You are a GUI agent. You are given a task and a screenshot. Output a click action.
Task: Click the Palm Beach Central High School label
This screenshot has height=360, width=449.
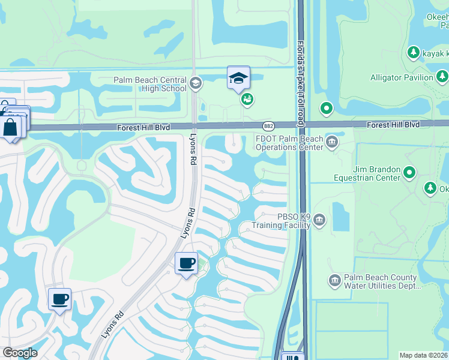[149, 85]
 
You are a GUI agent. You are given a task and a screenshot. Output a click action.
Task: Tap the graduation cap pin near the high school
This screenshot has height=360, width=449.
[238, 78]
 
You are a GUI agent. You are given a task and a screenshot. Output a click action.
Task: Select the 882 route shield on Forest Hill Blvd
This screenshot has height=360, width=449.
[268, 125]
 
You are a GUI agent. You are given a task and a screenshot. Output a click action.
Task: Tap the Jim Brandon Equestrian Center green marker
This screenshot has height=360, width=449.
[410, 173]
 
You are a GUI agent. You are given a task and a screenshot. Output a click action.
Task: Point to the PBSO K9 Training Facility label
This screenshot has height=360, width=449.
[285, 221]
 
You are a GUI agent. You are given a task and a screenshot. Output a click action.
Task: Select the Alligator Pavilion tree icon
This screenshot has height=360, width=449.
[442, 77]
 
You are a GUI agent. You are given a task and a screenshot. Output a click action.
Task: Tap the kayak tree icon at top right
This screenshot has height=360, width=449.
[413, 53]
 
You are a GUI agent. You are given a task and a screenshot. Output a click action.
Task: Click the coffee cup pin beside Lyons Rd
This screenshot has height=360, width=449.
[186, 263]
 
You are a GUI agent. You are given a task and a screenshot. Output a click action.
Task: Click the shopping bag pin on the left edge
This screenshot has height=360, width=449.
[11, 127]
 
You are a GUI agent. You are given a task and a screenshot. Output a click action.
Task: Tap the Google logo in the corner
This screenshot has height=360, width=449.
[20, 353]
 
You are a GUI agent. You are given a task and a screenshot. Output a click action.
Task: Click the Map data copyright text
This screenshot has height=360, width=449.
[423, 355]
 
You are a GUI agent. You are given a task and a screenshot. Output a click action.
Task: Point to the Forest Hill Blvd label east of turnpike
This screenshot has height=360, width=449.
[391, 124]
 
